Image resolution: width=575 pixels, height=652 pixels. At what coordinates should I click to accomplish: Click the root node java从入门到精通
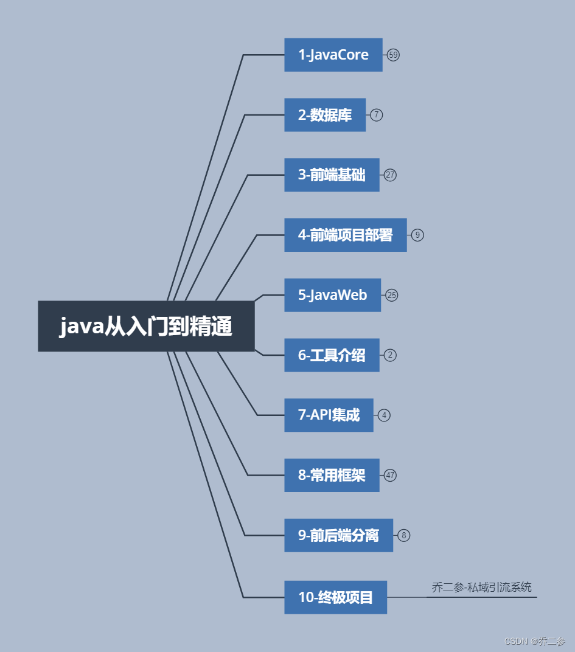pos(146,326)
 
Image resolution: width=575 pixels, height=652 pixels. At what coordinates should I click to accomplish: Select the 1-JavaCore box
pos(333,55)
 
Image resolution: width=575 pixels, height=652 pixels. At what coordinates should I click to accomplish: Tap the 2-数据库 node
pos(325,115)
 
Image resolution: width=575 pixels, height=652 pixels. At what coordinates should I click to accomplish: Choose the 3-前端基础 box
pos(332,175)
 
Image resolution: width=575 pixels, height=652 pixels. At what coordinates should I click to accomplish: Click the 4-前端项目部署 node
pos(345,235)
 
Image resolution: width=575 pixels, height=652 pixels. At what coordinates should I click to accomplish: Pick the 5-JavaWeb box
pos(332,295)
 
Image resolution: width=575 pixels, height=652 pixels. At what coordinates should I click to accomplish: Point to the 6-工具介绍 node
pos(332,355)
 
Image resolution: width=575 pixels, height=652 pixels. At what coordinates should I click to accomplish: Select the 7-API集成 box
pos(329,415)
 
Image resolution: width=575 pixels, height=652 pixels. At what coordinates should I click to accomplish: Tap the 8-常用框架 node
pos(332,475)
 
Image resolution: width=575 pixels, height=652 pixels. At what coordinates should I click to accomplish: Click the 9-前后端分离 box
pos(338,535)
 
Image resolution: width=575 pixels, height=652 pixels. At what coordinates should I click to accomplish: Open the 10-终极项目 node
pos(335,597)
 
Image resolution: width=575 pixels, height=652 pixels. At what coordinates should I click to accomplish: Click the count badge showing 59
pos(393,55)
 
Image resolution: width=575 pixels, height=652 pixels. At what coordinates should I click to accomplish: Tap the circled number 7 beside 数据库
pos(377,115)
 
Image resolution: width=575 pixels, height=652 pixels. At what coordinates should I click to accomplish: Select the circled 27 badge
pos(390,175)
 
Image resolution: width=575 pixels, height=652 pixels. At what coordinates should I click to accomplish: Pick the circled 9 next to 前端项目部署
pos(417,235)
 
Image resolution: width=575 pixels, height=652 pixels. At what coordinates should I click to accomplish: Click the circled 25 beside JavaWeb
pos(392,296)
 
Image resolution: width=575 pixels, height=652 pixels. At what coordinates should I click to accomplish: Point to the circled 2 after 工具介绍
pos(390,355)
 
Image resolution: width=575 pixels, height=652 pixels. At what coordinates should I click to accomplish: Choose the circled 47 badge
pos(390,475)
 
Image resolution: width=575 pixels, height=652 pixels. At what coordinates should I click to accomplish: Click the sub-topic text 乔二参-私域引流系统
pos(481,587)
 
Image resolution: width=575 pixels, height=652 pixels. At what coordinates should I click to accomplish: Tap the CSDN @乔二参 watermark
pos(535,641)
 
